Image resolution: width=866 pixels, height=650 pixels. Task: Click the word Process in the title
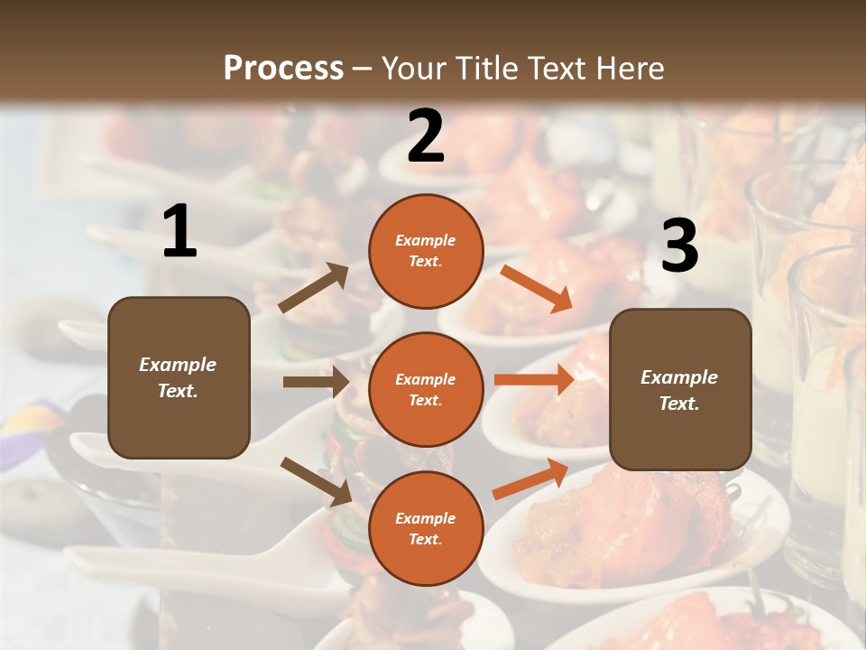click(283, 68)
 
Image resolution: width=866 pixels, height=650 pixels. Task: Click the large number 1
click(180, 233)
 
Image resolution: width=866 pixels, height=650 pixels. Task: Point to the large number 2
click(426, 136)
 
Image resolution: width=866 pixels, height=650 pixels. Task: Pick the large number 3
click(679, 246)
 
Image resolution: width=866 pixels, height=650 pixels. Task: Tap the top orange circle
click(426, 251)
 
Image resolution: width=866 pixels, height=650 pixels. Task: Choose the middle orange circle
click(426, 389)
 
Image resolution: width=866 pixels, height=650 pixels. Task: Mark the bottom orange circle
click(426, 528)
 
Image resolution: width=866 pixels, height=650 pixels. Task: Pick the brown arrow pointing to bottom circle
click(316, 481)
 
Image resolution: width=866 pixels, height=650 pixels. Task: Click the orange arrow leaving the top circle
click(537, 288)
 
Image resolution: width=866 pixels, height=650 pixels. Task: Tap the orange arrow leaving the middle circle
click(534, 379)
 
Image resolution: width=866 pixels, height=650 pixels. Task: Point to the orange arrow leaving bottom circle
click(531, 478)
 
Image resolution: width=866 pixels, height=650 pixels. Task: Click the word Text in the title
click(559, 68)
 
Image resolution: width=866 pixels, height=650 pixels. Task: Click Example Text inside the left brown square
click(178, 377)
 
